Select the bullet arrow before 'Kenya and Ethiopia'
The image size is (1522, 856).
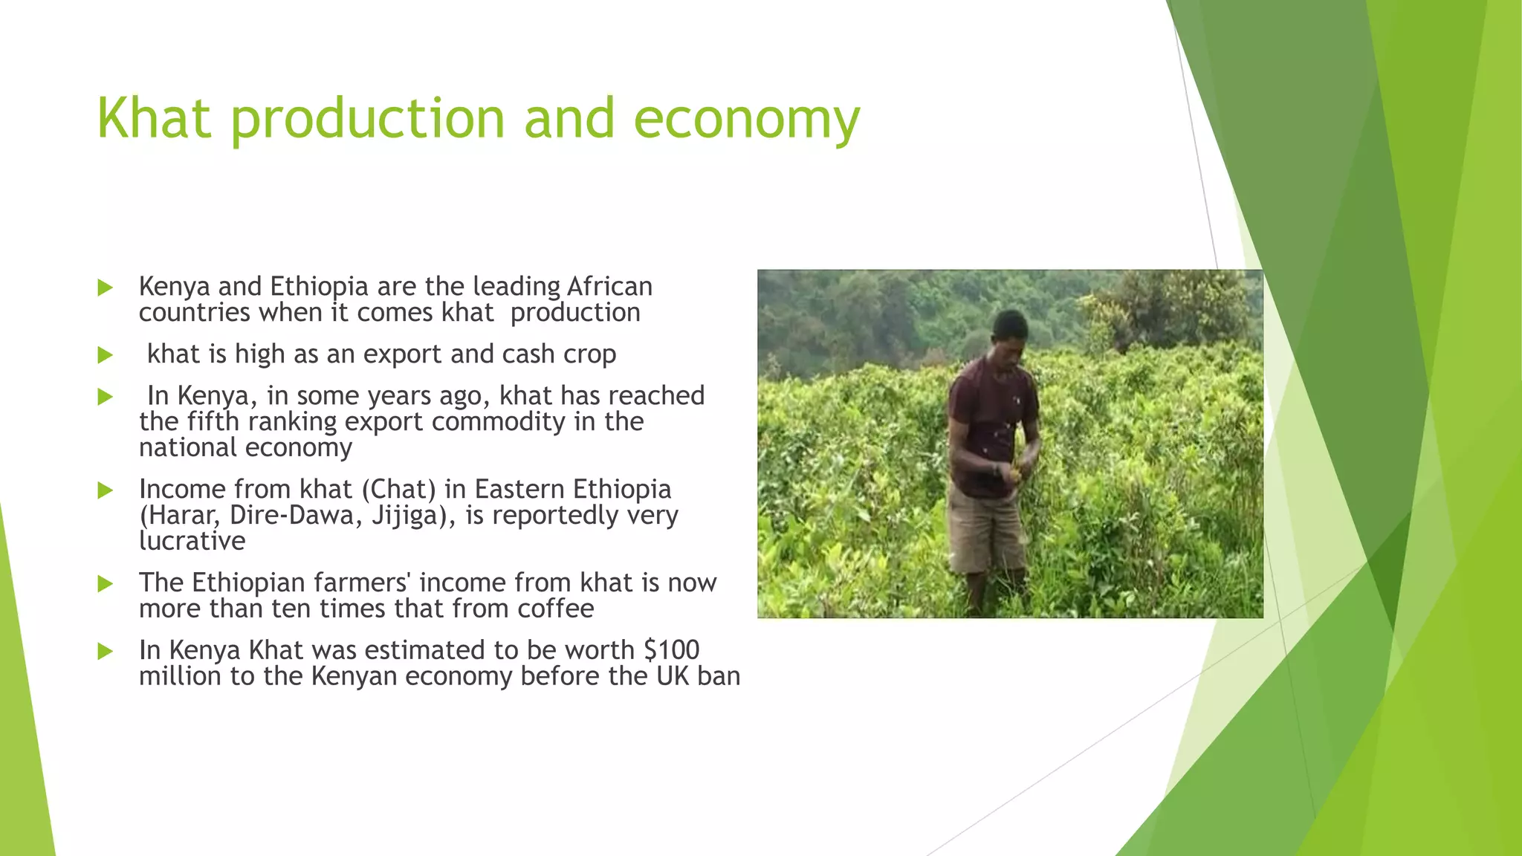[105, 288]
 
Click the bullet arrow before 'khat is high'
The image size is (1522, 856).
[105, 355]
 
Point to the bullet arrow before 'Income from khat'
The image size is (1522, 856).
[105, 490]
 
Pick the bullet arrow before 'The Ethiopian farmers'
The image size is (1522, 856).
[105, 584]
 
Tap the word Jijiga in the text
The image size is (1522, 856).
[411, 516]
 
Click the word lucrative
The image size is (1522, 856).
[192, 542]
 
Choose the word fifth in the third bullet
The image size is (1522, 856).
[213, 422]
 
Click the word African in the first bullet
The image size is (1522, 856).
[609, 287]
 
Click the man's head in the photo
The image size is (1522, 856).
[1009, 334]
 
